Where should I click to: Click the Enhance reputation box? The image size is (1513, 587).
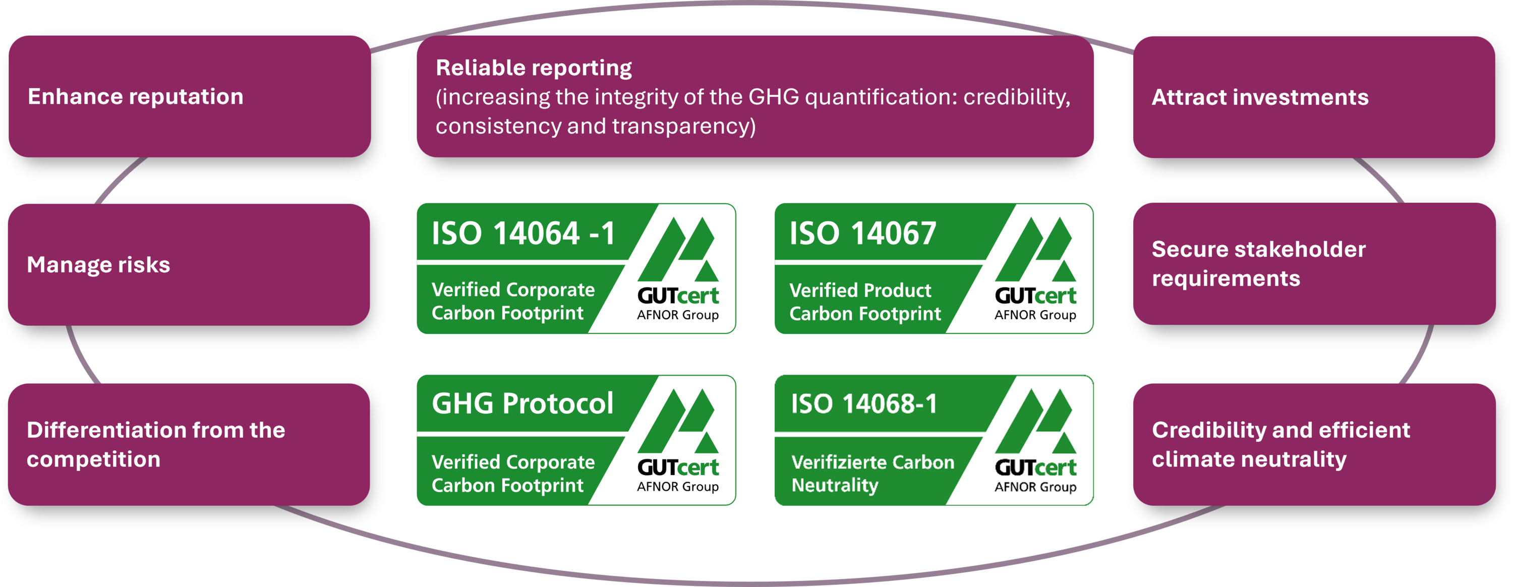pyautogui.click(x=190, y=96)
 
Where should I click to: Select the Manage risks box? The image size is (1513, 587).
pyautogui.click(x=189, y=264)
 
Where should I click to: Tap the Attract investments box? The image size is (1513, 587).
pyautogui.click(x=1314, y=97)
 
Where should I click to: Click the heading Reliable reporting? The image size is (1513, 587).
pyautogui.click(x=533, y=68)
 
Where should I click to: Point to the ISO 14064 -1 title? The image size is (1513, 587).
pyautogui.click(x=523, y=233)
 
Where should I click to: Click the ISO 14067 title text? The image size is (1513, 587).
pyautogui.click(x=862, y=233)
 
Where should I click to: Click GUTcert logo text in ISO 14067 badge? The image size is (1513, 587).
pyautogui.click(x=1035, y=296)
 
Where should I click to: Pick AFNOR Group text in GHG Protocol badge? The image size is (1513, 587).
pyautogui.click(x=678, y=487)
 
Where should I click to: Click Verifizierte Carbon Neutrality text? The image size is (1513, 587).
pyautogui.click(x=873, y=474)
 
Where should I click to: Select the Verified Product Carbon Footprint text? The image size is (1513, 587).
pyautogui.click(x=864, y=302)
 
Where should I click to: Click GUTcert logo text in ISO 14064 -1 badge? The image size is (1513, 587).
pyautogui.click(x=678, y=296)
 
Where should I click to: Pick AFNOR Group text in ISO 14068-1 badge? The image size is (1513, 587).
pyautogui.click(x=1035, y=487)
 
